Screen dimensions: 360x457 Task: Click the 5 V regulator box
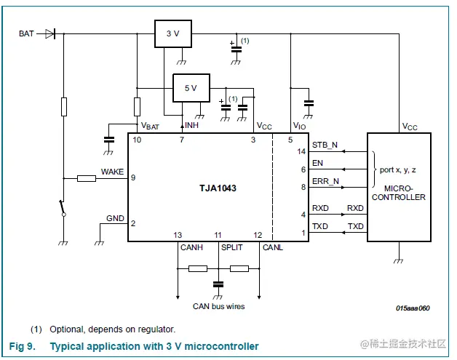pyautogui.click(x=190, y=87)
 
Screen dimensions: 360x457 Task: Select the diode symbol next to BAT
pyautogui.click(x=49, y=33)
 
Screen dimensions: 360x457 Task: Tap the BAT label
pyautogui.click(x=27, y=33)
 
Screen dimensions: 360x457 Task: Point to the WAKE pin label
pyautogui.click(x=112, y=172)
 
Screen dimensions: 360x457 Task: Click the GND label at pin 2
pyautogui.click(x=115, y=218)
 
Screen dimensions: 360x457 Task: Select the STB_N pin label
pyautogui.click(x=325, y=144)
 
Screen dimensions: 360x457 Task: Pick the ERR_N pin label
pyautogui.click(x=325, y=181)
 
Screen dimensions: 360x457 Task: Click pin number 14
pyautogui.click(x=301, y=152)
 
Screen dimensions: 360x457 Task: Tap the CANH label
pyautogui.click(x=191, y=247)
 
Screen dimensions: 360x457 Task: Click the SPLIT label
pyautogui.click(x=232, y=247)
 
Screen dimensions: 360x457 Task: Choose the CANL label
pyautogui.click(x=272, y=247)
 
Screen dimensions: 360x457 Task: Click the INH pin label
pyautogui.click(x=191, y=126)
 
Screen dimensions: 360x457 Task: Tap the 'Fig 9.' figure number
pyautogui.click(x=22, y=346)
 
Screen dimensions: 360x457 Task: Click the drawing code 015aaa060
pyautogui.click(x=413, y=308)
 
